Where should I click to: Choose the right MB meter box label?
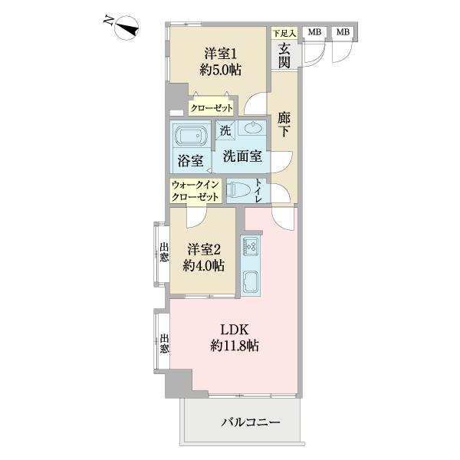[342, 32]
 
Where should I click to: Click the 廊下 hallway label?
[284, 125]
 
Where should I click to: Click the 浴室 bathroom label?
[190, 161]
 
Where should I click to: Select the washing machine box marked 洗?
[225, 130]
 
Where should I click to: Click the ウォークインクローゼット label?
[195, 191]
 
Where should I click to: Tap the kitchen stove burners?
[251, 246]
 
